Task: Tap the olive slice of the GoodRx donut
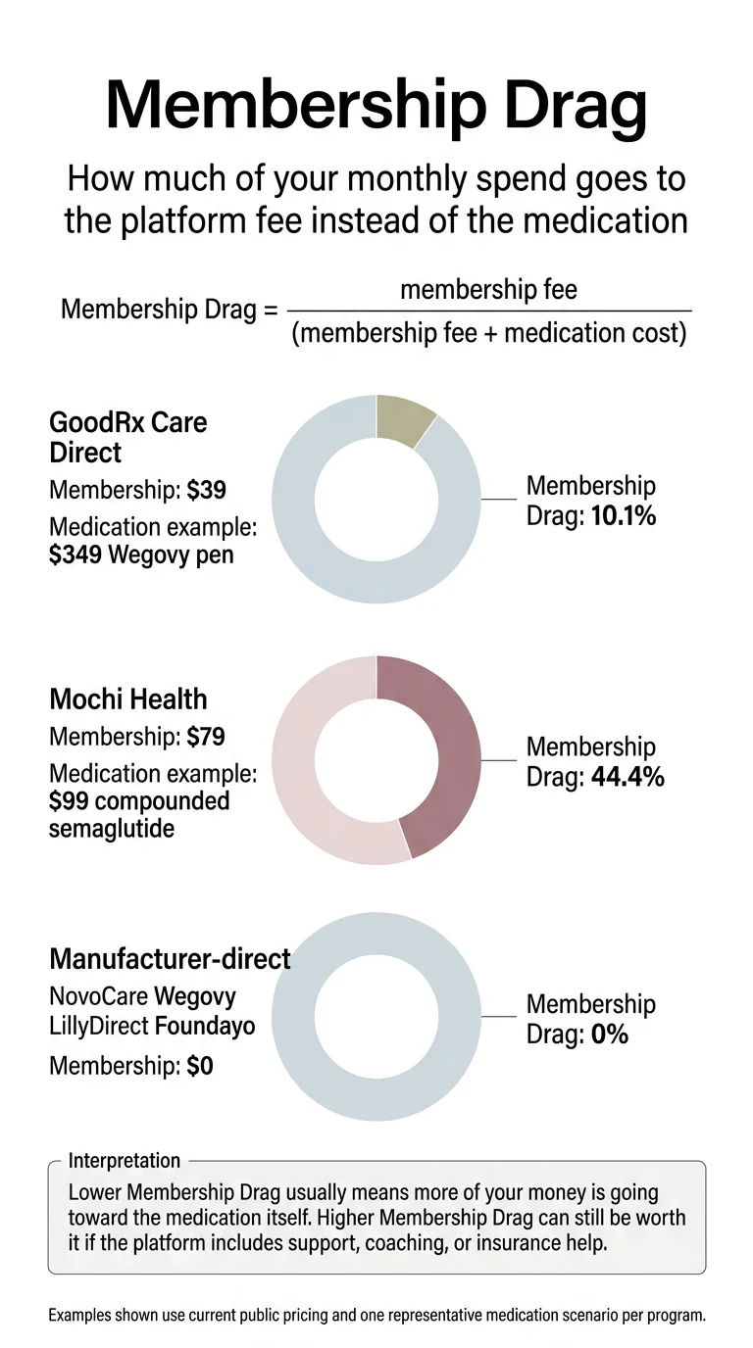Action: coord(404,419)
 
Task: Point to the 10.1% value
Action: coord(624,514)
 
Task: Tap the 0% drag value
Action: coord(609,1034)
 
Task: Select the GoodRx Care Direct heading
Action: coord(127,438)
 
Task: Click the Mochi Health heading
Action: coord(127,699)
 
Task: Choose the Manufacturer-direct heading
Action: coord(170,958)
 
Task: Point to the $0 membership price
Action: coord(200,1066)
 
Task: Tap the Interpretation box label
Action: coord(125,1161)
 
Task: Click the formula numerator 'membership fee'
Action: coord(489,290)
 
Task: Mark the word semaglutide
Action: coord(112,829)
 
